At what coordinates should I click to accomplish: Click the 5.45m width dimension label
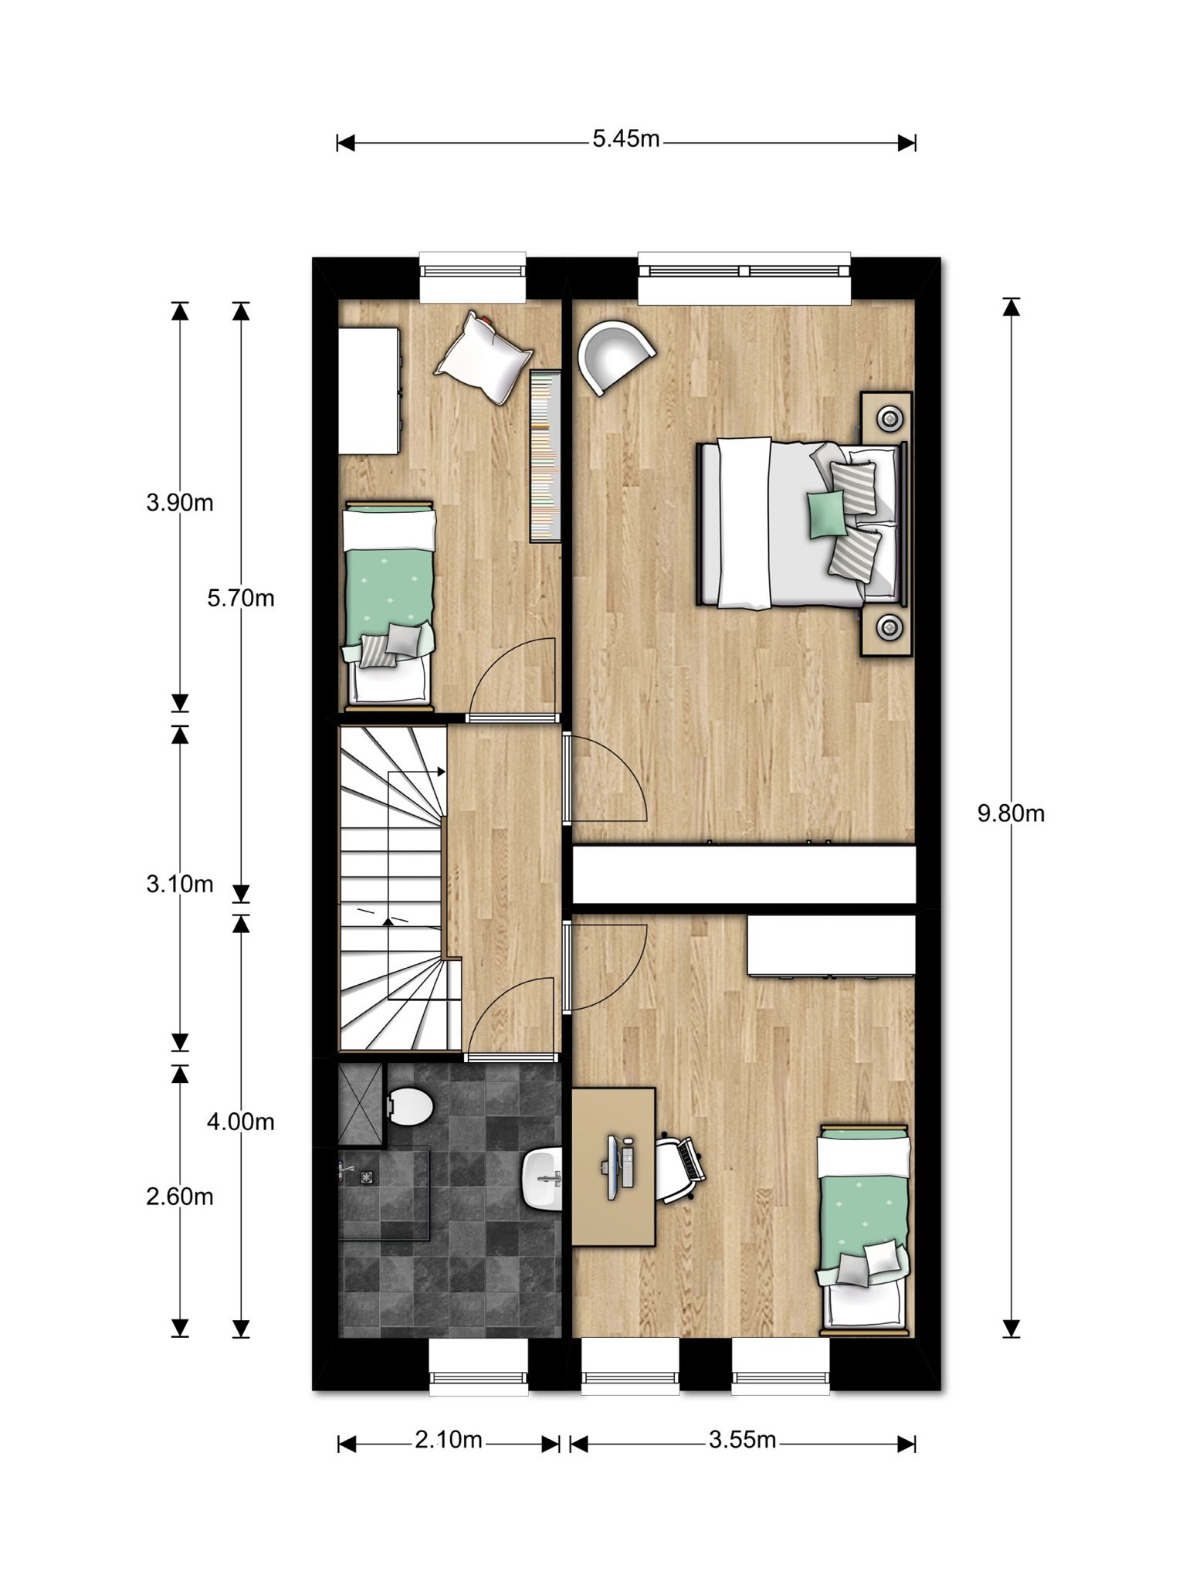coord(626,139)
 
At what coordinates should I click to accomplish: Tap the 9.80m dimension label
coord(1011,813)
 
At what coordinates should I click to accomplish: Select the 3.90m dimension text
coord(180,503)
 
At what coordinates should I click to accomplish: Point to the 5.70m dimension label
coord(241,599)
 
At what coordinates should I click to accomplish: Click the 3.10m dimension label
coord(180,884)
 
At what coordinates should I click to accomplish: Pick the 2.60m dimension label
coord(180,1197)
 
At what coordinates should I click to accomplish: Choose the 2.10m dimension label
coord(449,1440)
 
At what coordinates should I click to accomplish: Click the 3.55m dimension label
coord(743,1440)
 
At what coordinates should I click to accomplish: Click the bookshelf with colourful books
coord(546,456)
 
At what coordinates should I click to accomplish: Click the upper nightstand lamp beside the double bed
coord(890,419)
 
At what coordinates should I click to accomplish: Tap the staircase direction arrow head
coord(442,771)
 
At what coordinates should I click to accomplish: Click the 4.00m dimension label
coord(241,1121)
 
